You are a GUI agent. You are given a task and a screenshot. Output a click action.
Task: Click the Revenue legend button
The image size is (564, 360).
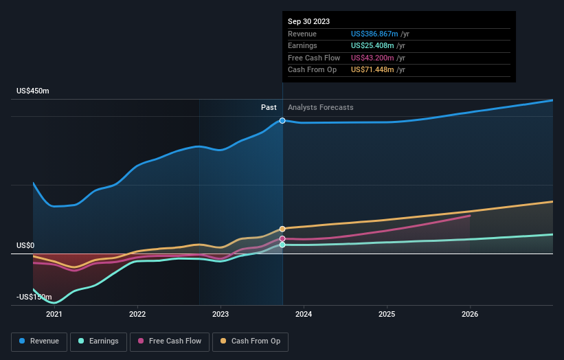point(39,341)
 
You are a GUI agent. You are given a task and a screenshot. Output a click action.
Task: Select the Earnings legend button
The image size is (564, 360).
point(99,341)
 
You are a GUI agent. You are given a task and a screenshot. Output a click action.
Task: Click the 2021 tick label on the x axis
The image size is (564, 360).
point(54,314)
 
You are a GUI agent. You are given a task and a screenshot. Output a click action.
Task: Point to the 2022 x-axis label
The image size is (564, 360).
point(137,314)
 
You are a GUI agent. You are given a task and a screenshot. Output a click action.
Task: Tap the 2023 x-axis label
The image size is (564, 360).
point(221,314)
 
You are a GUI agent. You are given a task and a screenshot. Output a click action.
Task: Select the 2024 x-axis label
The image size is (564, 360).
point(304,314)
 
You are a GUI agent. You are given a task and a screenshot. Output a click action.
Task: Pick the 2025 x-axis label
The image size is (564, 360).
point(387,314)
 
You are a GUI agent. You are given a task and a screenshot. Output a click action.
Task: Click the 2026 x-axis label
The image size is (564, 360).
point(470,314)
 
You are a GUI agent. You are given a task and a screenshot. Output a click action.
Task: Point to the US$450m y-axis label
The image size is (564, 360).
point(33,91)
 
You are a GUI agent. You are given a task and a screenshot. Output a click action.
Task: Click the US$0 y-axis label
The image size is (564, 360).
point(25,245)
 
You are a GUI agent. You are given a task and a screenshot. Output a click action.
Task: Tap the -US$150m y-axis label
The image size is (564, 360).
point(34,297)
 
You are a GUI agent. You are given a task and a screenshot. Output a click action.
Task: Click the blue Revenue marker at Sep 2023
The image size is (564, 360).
point(282,120)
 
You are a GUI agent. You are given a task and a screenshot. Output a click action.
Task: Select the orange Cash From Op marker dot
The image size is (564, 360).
point(282,229)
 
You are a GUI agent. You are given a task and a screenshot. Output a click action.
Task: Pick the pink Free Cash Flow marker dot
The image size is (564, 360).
point(282,238)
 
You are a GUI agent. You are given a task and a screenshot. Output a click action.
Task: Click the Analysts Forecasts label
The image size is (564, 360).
point(321,107)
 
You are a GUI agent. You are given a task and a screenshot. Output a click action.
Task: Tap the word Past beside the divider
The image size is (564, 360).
point(269,107)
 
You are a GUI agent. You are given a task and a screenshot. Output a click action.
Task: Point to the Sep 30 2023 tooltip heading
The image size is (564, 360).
point(308,21)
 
